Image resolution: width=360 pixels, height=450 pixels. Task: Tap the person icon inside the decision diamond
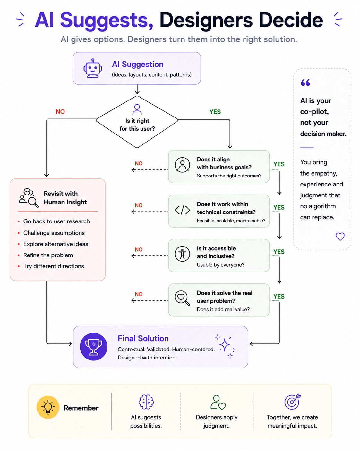click(137, 109)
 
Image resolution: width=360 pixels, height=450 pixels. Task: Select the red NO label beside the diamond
click(60, 112)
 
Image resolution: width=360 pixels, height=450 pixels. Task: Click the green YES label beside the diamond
click(215, 112)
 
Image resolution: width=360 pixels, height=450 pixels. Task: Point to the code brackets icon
click(182, 210)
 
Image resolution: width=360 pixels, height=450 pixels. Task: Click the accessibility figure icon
click(182, 254)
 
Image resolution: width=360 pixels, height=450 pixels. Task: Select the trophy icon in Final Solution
click(93, 347)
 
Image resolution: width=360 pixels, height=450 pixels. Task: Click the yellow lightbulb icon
click(48, 407)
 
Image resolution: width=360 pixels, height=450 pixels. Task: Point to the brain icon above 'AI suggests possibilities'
click(146, 402)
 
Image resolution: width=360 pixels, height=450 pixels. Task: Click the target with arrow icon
click(293, 402)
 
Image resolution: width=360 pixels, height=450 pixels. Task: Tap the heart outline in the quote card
click(340, 237)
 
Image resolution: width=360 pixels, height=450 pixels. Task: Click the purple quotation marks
click(305, 82)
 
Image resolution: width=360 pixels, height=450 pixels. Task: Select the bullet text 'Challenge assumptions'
click(54, 233)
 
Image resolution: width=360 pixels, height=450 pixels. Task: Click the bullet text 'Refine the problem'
click(48, 255)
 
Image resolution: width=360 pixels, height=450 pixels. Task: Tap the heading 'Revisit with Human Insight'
click(65, 198)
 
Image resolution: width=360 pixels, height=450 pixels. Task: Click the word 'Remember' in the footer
click(81, 408)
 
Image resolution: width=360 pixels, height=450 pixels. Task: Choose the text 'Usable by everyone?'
click(220, 265)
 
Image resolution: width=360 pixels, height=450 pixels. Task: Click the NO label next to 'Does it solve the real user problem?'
click(139, 294)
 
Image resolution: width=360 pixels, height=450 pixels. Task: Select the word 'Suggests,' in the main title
click(107, 21)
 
